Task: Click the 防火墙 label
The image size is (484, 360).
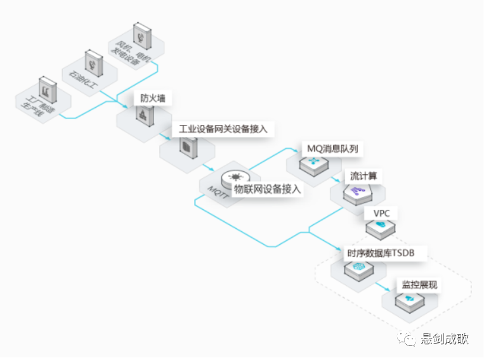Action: pyautogui.click(x=152, y=99)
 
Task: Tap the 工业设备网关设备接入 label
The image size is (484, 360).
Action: pyautogui.click(x=223, y=129)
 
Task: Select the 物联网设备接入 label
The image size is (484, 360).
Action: pyautogui.click(x=267, y=189)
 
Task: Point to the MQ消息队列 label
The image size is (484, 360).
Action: pyautogui.click(x=336, y=149)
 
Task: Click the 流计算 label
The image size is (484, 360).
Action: pyautogui.click(x=363, y=176)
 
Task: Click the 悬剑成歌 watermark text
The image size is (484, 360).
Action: pyautogui.click(x=445, y=340)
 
